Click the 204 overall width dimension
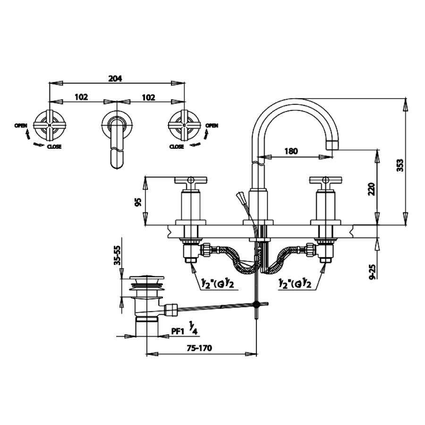click(115, 79)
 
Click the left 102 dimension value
click(81, 97)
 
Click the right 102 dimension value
click(148, 97)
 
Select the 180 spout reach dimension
click(291, 152)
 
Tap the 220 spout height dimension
click(372, 189)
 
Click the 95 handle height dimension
click(138, 202)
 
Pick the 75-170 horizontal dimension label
click(198, 348)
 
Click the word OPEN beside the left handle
click(20, 125)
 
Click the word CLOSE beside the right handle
click(176, 147)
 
